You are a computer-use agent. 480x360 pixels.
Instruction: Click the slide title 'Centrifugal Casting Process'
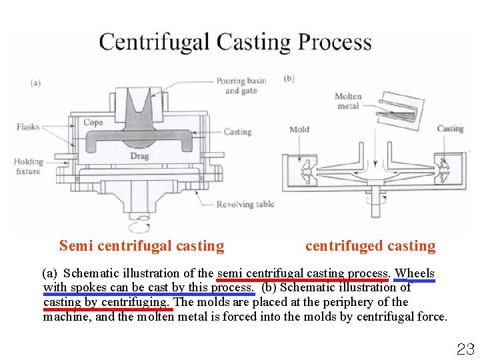[x=235, y=42]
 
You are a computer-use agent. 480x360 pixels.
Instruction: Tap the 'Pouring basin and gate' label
[x=241, y=85]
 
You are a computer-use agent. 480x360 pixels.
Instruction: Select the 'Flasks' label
[x=28, y=127]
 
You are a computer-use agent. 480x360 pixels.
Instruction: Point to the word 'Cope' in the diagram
[x=93, y=123]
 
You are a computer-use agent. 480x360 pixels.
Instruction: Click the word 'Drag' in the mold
[x=139, y=156]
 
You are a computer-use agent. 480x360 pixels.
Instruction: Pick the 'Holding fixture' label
[x=28, y=166]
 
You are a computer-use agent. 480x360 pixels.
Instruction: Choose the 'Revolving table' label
[x=245, y=204]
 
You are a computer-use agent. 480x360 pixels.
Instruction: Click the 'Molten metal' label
[x=348, y=101]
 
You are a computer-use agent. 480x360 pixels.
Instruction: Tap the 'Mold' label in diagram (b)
[x=299, y=129]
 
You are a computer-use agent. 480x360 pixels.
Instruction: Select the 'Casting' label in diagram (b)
[x=450, y=129]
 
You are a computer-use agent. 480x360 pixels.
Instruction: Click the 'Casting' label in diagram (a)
[x=237, y=131]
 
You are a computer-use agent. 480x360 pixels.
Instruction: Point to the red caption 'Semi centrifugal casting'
[x=141, y=246]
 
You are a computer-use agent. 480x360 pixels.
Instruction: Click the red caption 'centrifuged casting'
[x=370, y=246]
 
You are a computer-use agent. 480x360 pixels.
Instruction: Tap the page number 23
[x=465, y=348]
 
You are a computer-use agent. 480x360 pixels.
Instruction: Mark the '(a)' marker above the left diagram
[x=35, y=83]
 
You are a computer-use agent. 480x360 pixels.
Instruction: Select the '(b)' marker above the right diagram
[x=289, y=79]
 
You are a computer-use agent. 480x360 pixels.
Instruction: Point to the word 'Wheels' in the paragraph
[x=415, y=273]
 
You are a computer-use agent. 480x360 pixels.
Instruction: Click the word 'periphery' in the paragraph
[x=349, y=302]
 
